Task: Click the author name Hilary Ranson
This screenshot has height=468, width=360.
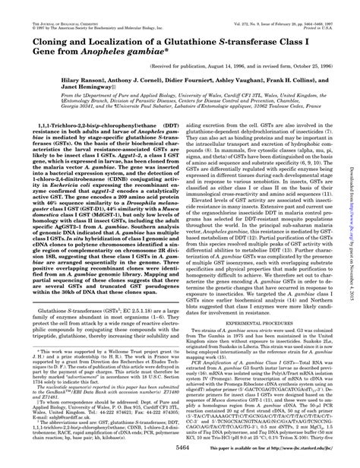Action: click(76, 79)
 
